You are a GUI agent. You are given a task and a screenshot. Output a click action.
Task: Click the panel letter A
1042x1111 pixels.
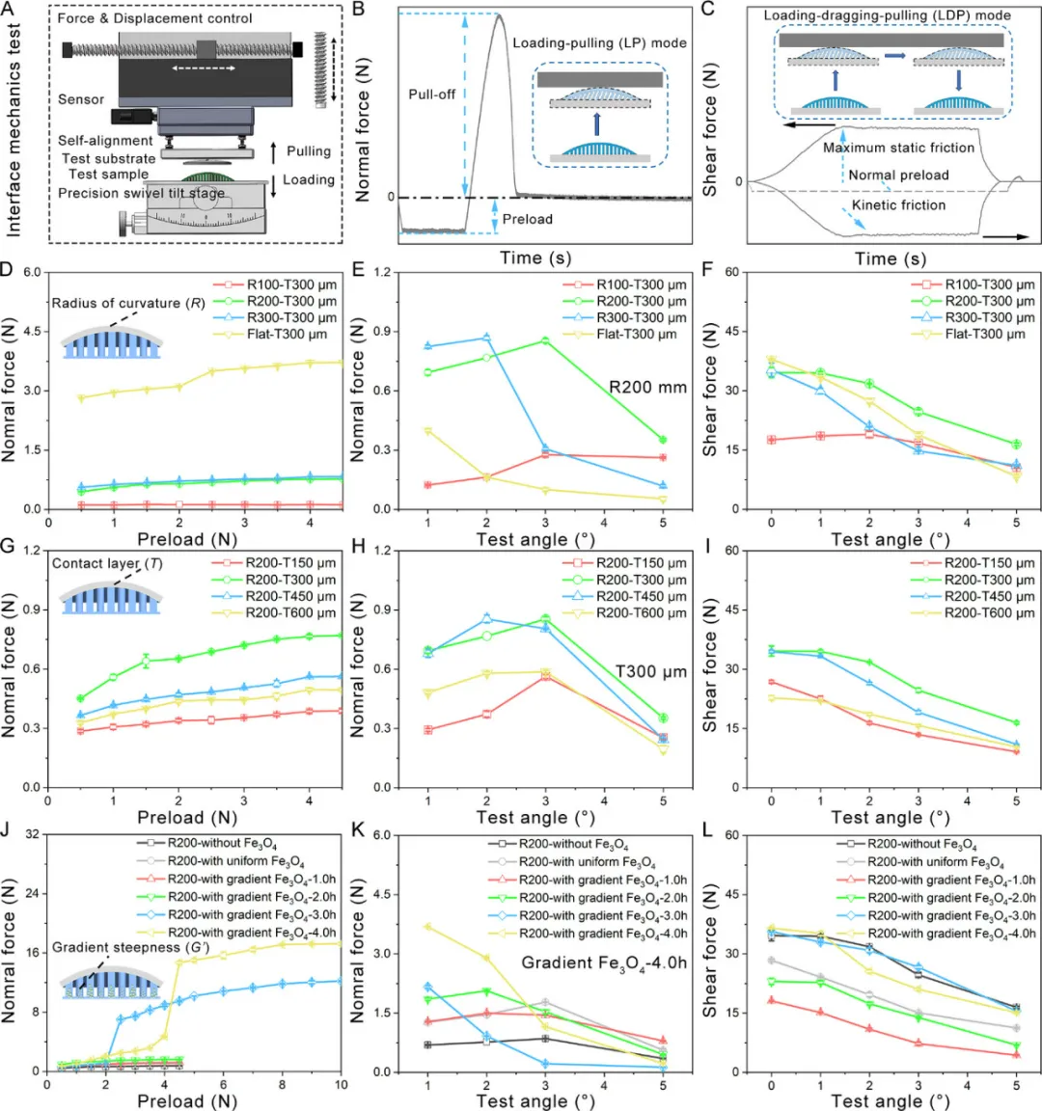coord(9,10)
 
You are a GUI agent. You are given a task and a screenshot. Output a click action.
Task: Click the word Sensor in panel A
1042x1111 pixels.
coord(81,99)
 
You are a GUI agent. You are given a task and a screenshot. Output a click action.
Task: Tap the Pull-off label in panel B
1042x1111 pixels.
coord(432,95)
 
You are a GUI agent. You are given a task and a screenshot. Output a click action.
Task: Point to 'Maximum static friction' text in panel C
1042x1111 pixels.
coord(898,148)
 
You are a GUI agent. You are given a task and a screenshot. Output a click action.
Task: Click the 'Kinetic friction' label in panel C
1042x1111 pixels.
coord(898,205)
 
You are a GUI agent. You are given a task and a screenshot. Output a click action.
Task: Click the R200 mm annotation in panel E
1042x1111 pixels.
coord(647,388)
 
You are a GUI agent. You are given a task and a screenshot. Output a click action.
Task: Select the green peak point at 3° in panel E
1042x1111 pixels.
coord(545,340)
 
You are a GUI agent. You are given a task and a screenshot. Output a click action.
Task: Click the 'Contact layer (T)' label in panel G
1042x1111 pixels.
coord(106,563)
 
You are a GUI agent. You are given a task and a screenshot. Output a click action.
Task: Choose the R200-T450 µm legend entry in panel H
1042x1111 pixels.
coord(641,596)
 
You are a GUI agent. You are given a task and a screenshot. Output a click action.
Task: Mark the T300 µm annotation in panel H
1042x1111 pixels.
coord(651,672)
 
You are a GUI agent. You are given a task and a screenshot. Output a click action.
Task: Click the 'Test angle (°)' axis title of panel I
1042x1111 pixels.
coord(891,818)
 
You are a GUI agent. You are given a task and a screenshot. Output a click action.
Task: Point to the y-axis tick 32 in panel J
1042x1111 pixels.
coord(31,834)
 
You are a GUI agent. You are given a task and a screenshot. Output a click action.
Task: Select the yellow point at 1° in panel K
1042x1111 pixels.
coord(427,927)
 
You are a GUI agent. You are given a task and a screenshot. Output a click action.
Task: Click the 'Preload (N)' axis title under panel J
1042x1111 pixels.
coord(187,1100)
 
